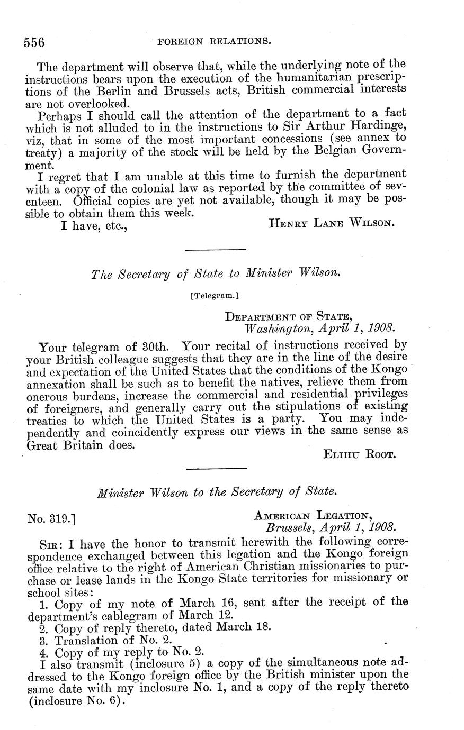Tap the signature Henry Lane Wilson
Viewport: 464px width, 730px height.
(332, 223)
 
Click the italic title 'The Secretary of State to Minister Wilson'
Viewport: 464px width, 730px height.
(215, 274)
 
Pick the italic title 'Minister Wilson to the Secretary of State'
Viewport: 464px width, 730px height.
(217, 492)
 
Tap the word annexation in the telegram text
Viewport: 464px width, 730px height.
(57, 382)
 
